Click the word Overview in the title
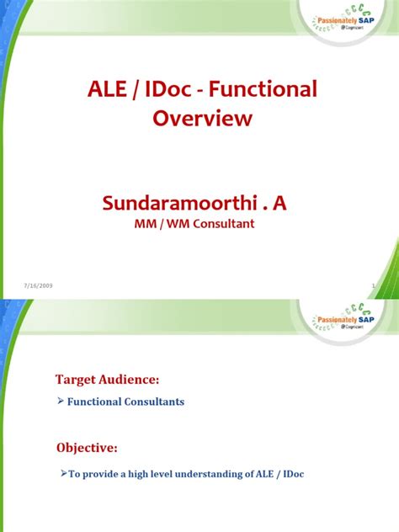pyautogui.click(x=202, y=119)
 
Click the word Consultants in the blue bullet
pyautogui.click(x=152, y=402)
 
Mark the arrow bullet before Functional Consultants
pyautogui.click(x=61, y=402)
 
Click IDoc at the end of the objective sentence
pyautogui.click(x=290, y=475)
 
